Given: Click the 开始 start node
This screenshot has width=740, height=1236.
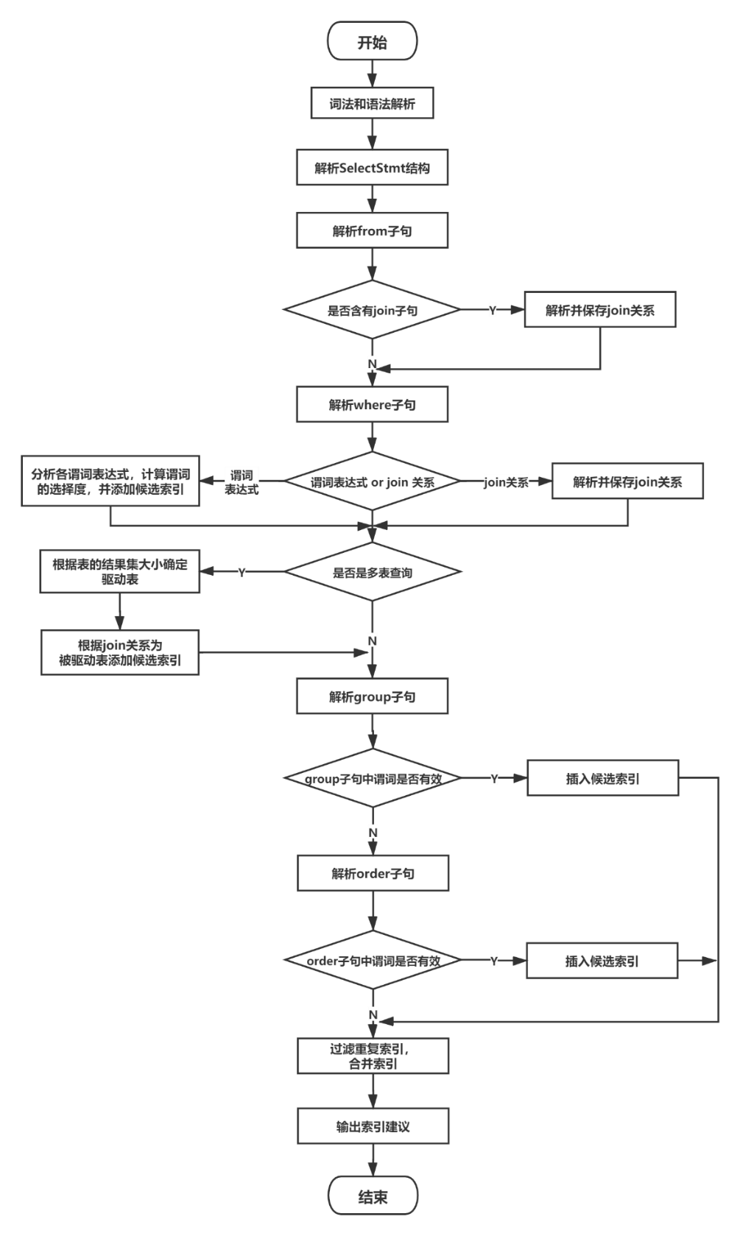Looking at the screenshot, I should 372,41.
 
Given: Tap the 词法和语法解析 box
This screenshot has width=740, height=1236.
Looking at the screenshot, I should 372,104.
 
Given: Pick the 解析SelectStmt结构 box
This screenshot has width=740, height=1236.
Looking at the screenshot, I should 372,168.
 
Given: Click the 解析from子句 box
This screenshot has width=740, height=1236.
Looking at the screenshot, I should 372,231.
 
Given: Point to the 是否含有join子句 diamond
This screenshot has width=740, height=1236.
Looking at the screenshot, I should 372,310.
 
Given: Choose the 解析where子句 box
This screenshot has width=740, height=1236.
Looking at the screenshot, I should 372,404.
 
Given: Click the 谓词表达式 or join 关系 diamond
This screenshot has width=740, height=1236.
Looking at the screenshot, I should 372,482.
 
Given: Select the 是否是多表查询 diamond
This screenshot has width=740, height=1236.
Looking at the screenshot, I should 372,573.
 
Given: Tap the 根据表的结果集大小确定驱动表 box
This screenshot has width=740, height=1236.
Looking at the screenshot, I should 119,572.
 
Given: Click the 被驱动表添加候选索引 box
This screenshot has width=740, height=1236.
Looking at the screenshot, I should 119,652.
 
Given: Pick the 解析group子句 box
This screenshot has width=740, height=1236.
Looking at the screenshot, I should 372,696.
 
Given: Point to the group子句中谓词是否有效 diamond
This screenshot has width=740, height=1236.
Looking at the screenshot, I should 373,778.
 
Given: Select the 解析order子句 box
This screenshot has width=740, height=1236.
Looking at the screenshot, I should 373,874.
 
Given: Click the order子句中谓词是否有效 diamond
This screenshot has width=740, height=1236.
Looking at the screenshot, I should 373,961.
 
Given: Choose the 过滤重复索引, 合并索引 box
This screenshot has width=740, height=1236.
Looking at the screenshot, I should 373,1056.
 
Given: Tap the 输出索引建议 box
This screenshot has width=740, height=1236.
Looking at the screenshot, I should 373,1126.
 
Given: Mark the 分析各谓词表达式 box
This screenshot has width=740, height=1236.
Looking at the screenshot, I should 110,481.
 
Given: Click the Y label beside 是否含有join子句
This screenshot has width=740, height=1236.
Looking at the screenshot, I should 493,311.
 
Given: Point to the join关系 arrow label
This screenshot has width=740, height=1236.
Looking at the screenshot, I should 506,482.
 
